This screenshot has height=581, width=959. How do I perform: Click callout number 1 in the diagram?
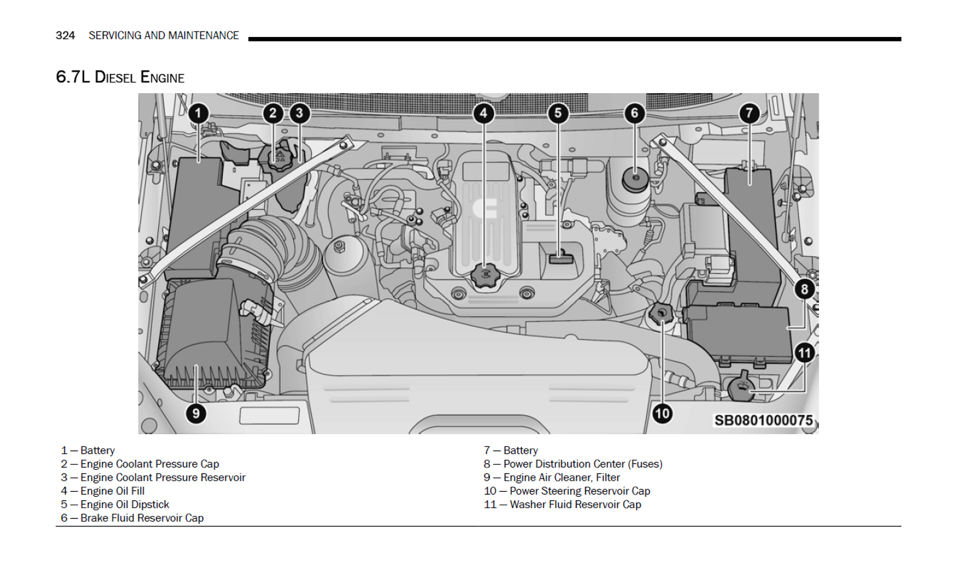click(x=198, y=114)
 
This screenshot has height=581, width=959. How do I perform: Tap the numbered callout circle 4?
click(x=483, y=114)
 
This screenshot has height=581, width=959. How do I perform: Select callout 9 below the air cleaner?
click(x=196, y=413)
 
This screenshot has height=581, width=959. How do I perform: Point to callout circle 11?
click(x=804, y=353)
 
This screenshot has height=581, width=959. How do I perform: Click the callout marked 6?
click(x=634, y=114)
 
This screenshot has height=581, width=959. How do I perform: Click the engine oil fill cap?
click(x=485, y=275)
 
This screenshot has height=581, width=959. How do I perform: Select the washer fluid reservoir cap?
click(x=741, y=387)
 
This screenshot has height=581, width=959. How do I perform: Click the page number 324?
click(x=65, y=35)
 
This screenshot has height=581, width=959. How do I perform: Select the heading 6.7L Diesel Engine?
click(x=120, y=77)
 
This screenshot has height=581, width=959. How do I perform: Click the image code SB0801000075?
click(x=763, y=420)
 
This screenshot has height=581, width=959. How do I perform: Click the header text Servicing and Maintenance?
click(x=164, y=35)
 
